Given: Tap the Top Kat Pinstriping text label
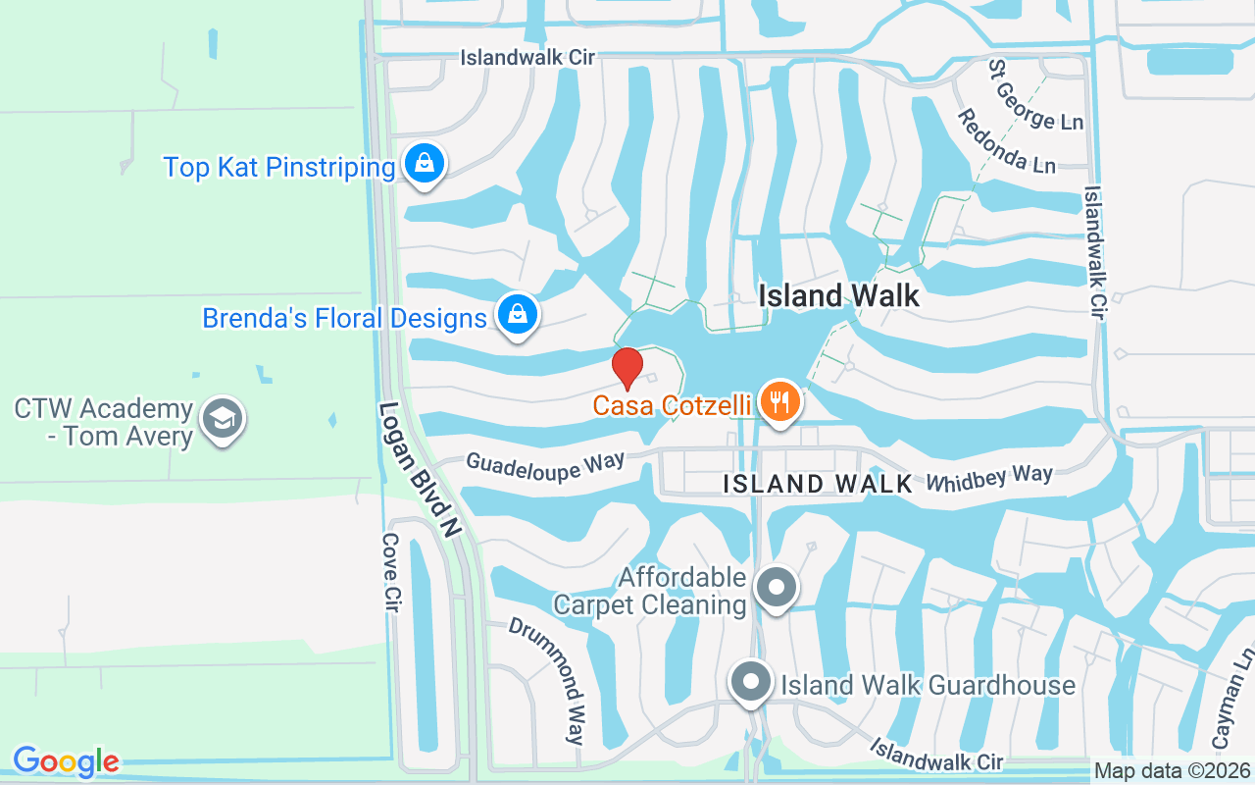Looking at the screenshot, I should coord(279,167).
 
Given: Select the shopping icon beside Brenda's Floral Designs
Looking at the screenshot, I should coord(515,315).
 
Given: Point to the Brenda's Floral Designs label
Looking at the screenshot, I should coord(344,318).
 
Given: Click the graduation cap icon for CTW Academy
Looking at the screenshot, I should coord(222,419).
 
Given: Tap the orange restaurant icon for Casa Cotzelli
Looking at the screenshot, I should coord(779,401).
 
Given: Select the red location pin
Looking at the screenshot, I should coord(627,368).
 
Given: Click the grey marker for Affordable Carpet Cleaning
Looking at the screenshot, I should coord(778,588).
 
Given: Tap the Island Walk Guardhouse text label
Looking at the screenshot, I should coord(928,684).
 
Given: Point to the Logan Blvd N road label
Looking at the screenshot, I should coord(420,469).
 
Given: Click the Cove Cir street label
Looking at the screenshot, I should coord(390,573).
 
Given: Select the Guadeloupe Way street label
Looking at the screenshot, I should coord(545,466).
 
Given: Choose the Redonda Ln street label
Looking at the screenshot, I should coord(1006,142).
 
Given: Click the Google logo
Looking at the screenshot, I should coord(66,761).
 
